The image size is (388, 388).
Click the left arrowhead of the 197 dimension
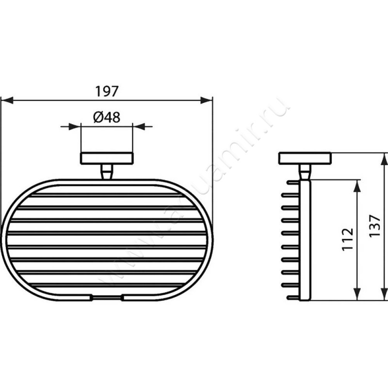pos(6,100)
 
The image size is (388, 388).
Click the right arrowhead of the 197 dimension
pos(207,100)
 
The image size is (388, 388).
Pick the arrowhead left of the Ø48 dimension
pos(74,127)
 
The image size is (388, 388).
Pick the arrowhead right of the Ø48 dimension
pos(139,127)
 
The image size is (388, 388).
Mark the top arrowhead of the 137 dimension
pos(384,158)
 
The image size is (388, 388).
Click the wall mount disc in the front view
pos(106,159)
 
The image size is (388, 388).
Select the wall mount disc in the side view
pos(305,159)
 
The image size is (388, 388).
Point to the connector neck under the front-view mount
pos(106,171)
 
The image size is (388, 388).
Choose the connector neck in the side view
pos(305,171)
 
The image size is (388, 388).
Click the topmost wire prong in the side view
pos(293,183)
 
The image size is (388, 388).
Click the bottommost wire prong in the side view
pos(293,296)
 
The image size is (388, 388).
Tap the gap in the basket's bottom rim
pos(106,296)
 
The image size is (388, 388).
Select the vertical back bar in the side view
pos(305,240)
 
